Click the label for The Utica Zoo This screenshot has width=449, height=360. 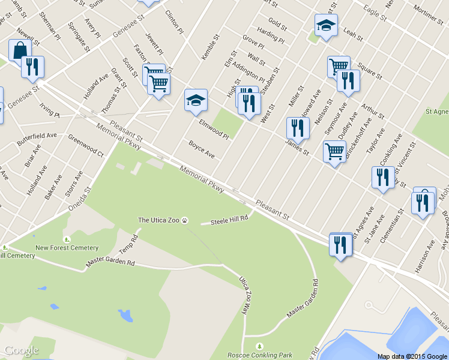[159, 220]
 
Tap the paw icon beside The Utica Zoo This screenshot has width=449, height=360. [185, 220]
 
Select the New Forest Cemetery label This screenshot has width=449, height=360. [67, 248]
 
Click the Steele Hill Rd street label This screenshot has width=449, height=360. [229, 220]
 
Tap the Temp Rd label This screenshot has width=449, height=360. [128, 244]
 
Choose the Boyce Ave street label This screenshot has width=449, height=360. [201, 149]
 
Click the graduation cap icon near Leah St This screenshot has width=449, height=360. [326, 25]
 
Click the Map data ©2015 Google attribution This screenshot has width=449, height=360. [412, 356]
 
